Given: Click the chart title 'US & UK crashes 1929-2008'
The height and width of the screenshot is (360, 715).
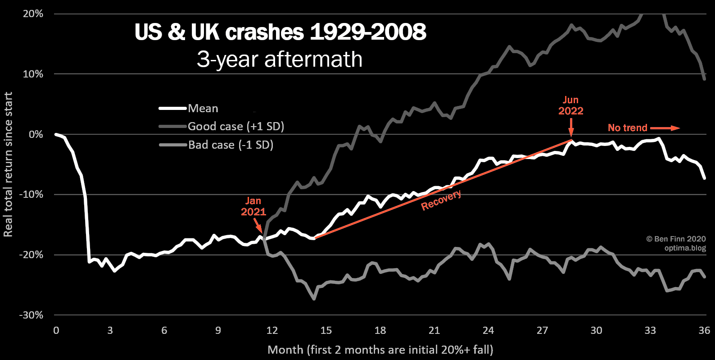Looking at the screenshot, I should click(x=280, y=32).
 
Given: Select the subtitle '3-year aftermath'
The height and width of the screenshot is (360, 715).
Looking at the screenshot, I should click(x=280, y=59).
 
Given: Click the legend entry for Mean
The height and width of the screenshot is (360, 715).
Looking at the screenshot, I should click(x=203, y=109).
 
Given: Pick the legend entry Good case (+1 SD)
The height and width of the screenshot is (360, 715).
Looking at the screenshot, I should click(x=236, y=127).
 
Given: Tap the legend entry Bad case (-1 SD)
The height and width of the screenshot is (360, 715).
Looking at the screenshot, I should click(x=231, y=145).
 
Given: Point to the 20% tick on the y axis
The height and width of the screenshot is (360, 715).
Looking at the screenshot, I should click(x=33, y=14).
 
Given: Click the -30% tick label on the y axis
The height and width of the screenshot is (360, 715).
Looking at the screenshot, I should click(x=32, y=315).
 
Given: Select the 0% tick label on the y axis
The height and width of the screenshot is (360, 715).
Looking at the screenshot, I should click(x=36, y=135).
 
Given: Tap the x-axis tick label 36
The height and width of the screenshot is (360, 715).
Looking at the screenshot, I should click(x=704, y=331).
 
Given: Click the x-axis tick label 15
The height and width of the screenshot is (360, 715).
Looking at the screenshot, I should click(x=326, y=331).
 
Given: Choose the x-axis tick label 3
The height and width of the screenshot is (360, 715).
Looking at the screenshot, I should click(x=110, y=331).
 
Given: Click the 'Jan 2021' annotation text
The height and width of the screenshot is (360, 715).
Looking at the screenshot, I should click(x=253, y=206).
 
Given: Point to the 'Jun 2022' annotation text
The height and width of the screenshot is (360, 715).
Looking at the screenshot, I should click(x=570, y=105).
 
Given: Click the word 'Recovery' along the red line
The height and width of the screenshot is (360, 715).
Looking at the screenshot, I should click(x=441, y=200).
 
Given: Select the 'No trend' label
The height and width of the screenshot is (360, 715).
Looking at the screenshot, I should click(x=627, y=128).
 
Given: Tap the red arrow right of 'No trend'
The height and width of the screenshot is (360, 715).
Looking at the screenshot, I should click(x=665, y=128).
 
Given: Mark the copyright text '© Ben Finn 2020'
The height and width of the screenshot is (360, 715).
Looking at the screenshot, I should click(x=676, y=239).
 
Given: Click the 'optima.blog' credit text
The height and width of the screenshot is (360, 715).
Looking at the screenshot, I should click(x=685, y=248).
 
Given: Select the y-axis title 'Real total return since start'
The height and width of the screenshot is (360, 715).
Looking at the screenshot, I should click(x=8, y=164).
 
